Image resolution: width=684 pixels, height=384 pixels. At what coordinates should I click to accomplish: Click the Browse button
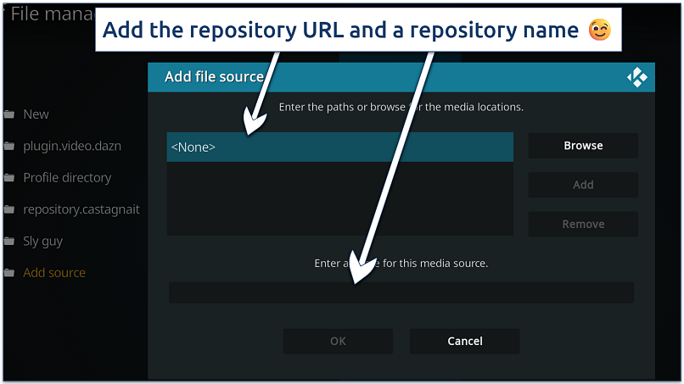[583, 146]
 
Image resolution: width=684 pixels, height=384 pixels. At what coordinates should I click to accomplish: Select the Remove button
[583, 225]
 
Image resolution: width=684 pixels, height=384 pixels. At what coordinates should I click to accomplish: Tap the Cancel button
[464, 341]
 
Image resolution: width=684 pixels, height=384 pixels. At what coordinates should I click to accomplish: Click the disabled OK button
[338, 341]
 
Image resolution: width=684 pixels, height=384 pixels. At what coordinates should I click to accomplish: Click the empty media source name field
[401, 292]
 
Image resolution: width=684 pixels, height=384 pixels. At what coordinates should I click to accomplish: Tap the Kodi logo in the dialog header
[636, 77]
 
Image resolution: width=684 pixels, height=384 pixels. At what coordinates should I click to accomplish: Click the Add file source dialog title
[214, 77]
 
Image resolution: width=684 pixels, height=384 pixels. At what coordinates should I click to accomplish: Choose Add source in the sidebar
[54, 273]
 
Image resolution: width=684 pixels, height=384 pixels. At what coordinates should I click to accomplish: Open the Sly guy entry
[42, 242]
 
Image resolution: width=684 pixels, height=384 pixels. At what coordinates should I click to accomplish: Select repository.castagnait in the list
[81, 209]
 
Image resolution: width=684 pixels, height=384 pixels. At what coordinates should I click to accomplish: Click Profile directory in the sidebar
[67, 178]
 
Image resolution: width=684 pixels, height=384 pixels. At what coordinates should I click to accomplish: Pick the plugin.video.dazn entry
[72, 146]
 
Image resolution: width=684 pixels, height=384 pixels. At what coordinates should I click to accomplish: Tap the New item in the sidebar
[36, 114]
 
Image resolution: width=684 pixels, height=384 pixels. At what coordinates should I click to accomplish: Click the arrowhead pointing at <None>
[251, 125]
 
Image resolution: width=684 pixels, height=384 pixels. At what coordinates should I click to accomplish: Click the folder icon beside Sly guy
[9, 242]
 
